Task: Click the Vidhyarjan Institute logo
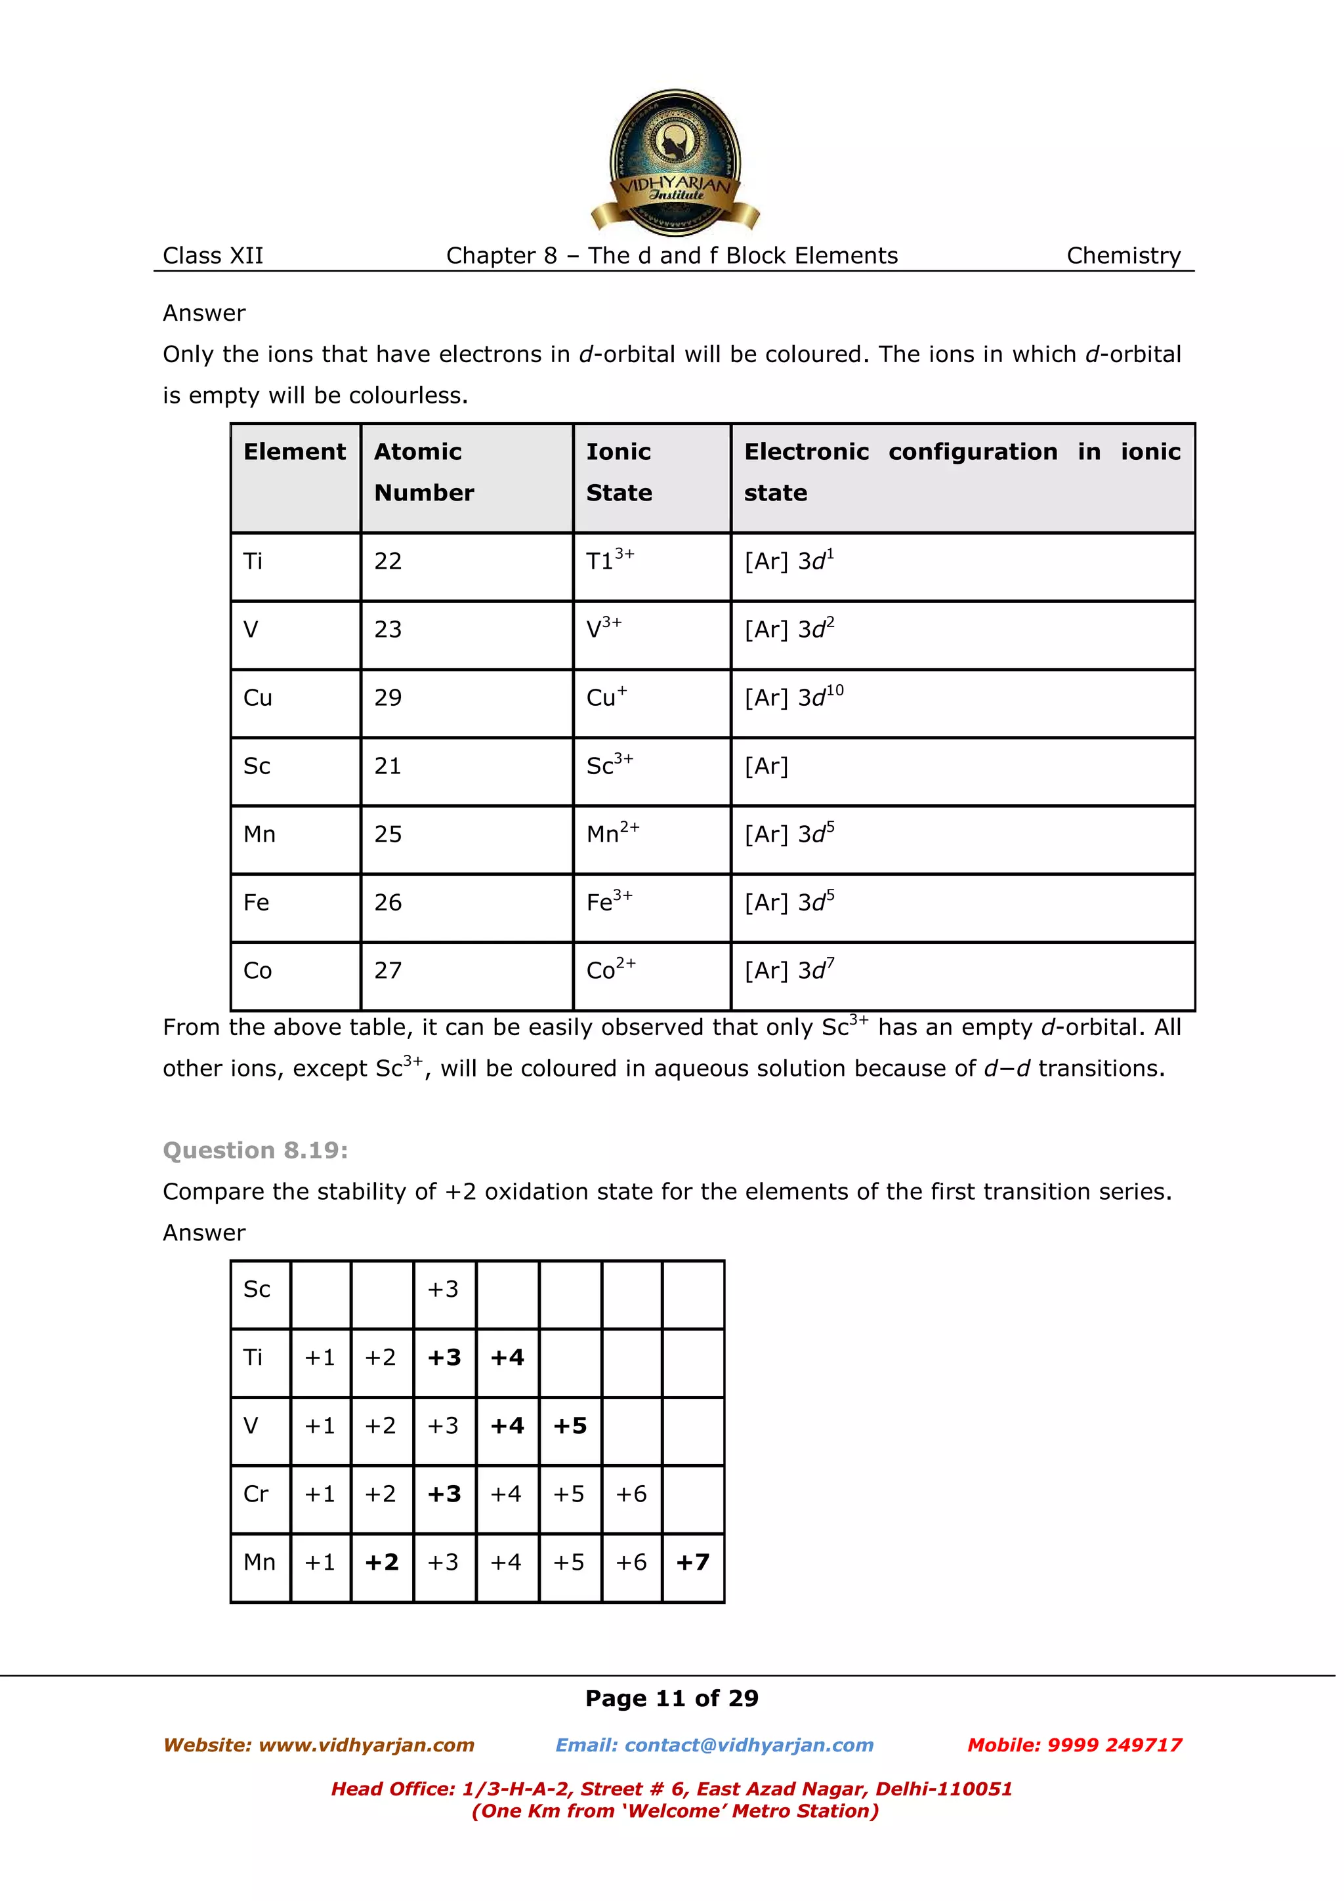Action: click(x=674, y=162)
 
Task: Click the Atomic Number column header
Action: click(x=423, y=471)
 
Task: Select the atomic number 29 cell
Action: click(x=388, y=698)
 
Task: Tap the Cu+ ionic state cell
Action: click(x=607, y=698)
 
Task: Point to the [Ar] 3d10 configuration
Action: click(x=793, y=697)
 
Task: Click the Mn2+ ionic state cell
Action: click(x=612, y=834)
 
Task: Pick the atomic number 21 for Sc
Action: click(x=388, y=766)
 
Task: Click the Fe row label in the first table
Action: click(x=256, y=903)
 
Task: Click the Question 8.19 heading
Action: click(x=255, y=1150)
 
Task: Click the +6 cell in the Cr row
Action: click(x=631, y=1494)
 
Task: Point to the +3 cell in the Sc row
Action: click(x=443, y=1289)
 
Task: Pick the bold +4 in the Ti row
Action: click(x=507, y=1357)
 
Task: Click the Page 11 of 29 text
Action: click(x=671, y=1698)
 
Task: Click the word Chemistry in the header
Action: click(x=1123, y=256)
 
